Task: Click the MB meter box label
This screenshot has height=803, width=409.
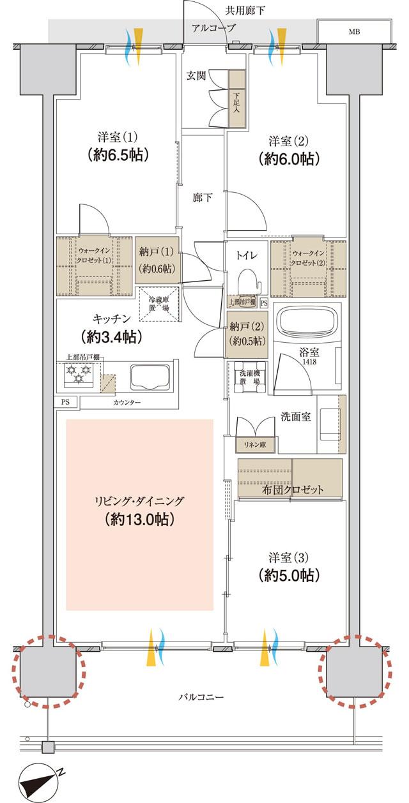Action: tap(353, 30)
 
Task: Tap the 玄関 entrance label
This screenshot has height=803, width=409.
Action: tap(196, 76)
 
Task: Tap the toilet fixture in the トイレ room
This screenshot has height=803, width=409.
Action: tap(245, 279)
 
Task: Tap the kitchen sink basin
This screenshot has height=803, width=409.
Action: tap(149, 377)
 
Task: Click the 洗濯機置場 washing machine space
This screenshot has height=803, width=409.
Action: tap(247, 377)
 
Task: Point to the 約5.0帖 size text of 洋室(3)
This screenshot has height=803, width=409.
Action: tap(289, 575)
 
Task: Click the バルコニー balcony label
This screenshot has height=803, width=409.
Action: tap(201, 698)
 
